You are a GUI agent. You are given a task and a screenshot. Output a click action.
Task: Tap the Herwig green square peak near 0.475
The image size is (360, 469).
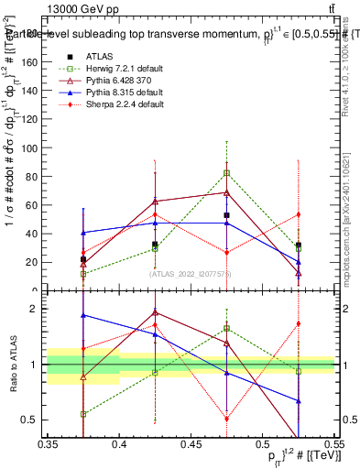(x=226, y=173)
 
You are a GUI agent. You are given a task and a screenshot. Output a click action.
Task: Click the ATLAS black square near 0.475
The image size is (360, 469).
(x=226, y=215)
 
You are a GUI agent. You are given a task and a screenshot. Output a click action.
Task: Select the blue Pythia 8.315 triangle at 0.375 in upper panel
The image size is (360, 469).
(x=83, y=233)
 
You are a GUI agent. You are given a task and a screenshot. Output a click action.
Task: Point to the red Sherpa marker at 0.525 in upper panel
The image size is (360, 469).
(x=298, y=214)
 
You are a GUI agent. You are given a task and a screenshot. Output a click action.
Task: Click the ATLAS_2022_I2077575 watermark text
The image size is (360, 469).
(x=191, y=274)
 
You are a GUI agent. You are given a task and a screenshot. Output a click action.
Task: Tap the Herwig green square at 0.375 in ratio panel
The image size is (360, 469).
(x=83, y=414)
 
